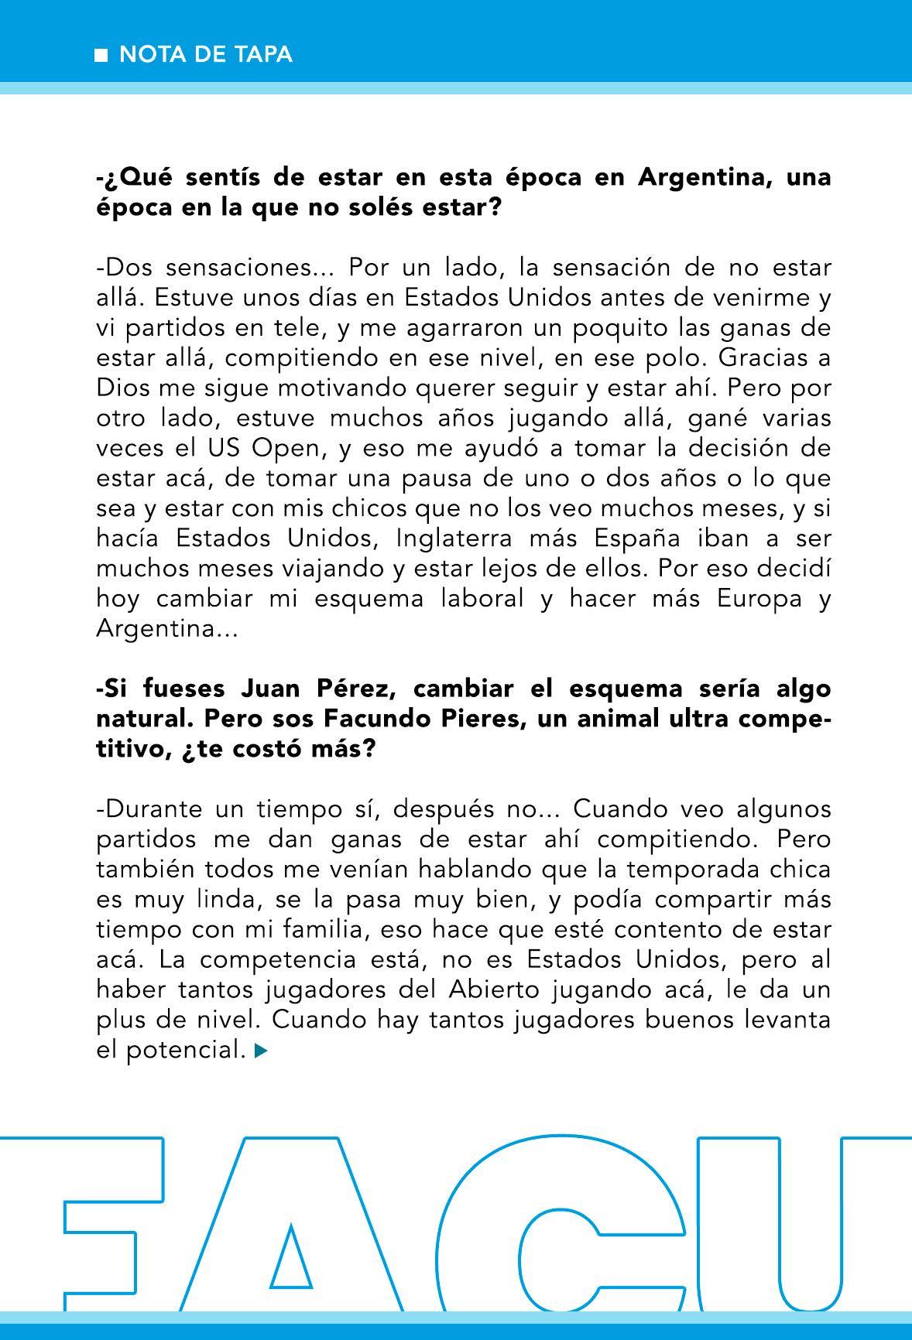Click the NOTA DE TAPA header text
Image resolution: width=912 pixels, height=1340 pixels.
(x=206, y=54)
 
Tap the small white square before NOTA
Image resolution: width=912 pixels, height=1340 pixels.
(x=101, y=55)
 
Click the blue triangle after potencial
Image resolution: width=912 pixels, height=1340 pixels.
(x=261, y=1051)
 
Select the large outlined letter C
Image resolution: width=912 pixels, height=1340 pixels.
(x=542, y=1230)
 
